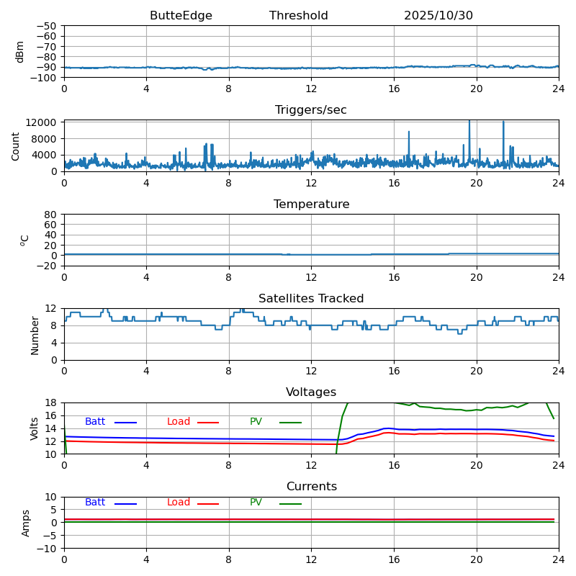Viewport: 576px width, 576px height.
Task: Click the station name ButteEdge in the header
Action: [181, 16]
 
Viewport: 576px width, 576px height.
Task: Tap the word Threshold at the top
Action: [298, 16]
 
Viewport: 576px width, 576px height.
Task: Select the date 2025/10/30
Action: [438, 16]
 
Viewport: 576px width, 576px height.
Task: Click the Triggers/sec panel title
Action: [311, 110]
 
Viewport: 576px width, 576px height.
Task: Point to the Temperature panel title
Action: [311, 204]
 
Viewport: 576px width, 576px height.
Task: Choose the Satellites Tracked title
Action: [311, 299]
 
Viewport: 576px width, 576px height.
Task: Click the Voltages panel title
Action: [311, 392]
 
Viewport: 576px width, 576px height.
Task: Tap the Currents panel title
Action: [311, 487]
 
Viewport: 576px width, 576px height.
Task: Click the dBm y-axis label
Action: [20, 51]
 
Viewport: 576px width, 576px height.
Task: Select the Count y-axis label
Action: [16, 145]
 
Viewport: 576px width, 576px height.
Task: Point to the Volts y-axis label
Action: [35, 428]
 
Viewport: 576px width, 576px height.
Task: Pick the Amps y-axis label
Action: [26, 523]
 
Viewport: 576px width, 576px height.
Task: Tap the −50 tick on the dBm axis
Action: [46, 26]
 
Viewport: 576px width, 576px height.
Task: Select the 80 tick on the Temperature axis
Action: [51, 215]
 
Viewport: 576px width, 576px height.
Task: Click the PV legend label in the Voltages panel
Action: [256, 422]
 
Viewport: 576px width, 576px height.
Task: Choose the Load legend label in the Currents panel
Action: [179, 503]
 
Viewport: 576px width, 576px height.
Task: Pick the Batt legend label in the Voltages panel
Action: [95, 422]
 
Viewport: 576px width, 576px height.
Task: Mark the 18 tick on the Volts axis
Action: [51, 402]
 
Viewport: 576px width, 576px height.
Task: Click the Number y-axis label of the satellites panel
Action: [35, 335]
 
